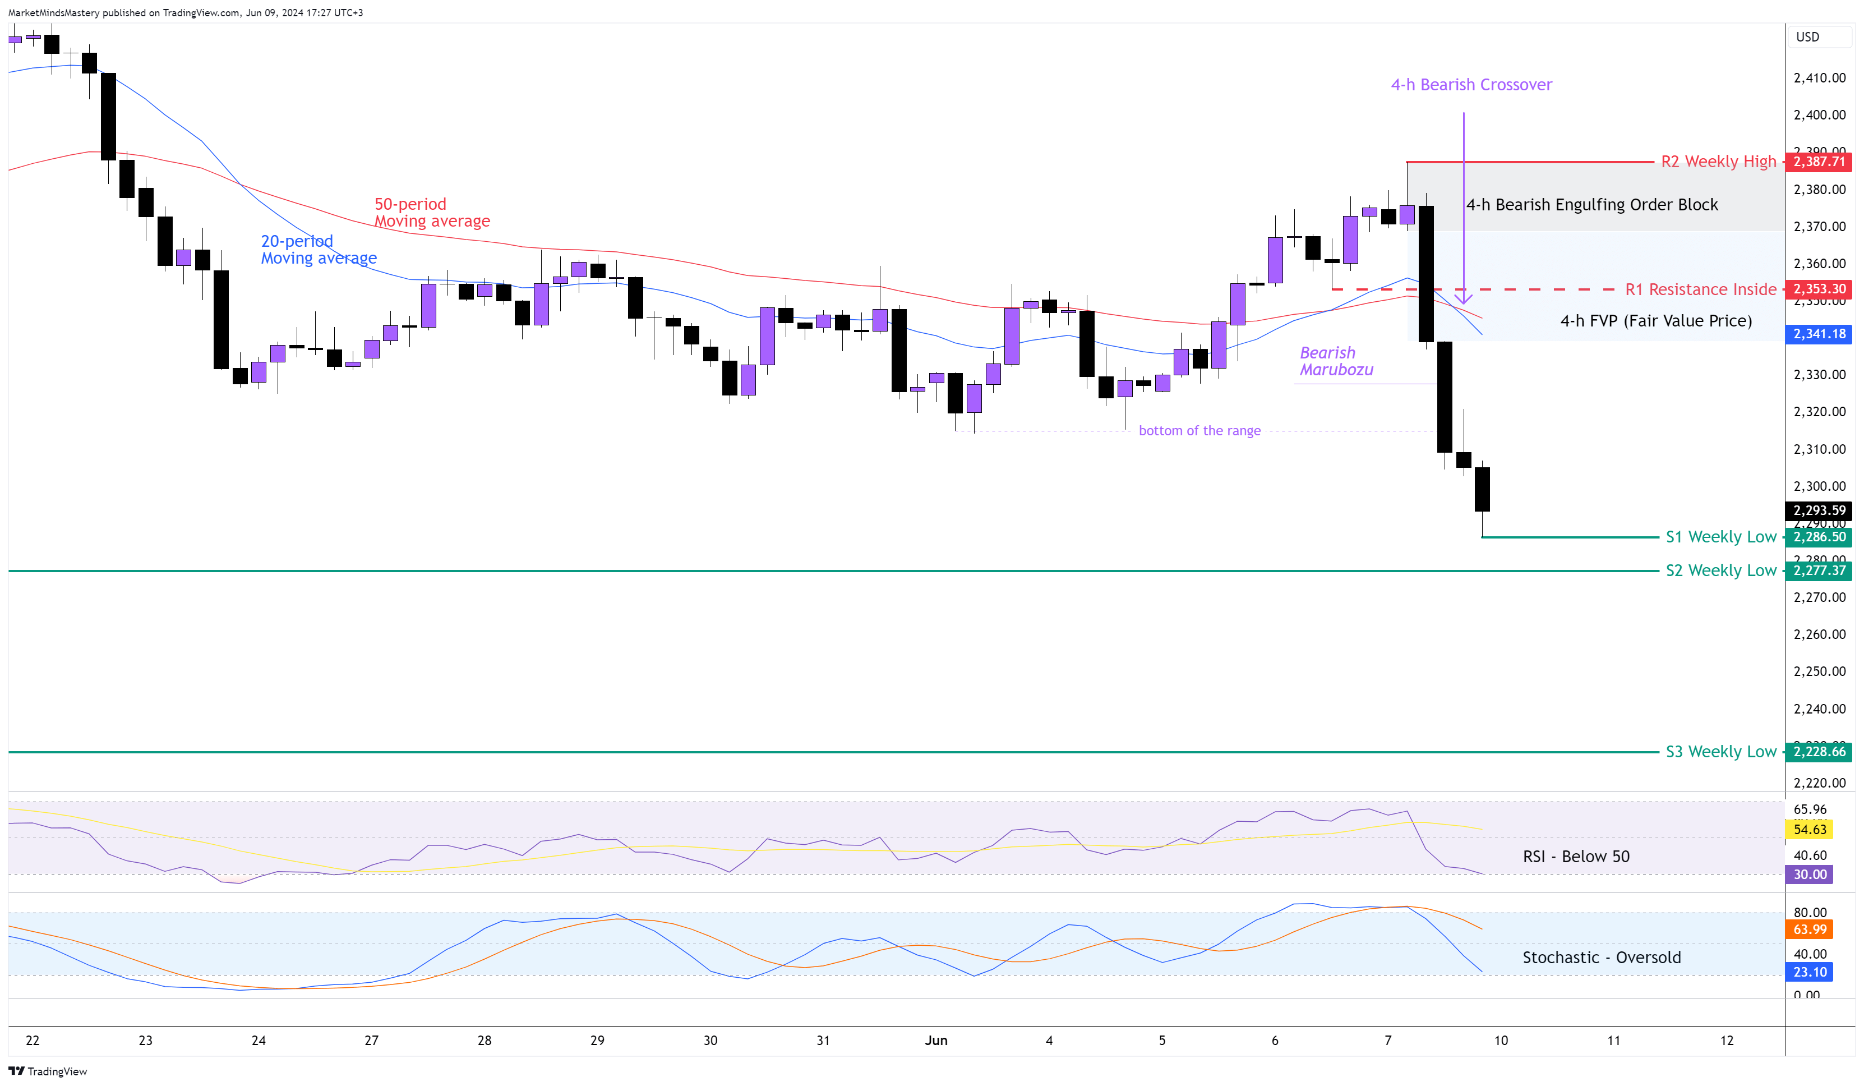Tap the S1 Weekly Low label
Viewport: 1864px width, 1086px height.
point(1720,537)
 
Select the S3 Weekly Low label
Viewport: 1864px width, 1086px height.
point(1720,752)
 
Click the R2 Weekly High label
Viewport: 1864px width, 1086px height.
point(1718,161)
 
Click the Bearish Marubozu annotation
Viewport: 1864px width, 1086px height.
point(1336,361)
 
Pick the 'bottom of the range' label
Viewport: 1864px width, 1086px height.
point(1199,431)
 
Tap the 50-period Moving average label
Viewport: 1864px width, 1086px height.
point(431,212)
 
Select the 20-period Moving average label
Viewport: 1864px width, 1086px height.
point(318,249)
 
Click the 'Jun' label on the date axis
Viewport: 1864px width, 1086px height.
point(936,1040)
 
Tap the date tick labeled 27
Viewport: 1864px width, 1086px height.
point(371,1040)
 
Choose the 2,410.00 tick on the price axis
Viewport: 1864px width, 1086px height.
point(1819,77)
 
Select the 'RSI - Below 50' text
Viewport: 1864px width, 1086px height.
point(1576,857)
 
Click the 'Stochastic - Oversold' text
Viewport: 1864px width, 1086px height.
point(1600,958)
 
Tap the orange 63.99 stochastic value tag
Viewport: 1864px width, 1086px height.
point(1809,929)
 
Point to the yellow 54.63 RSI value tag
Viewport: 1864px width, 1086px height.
point(1809,829)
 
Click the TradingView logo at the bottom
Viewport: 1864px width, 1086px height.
point(48,1071)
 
